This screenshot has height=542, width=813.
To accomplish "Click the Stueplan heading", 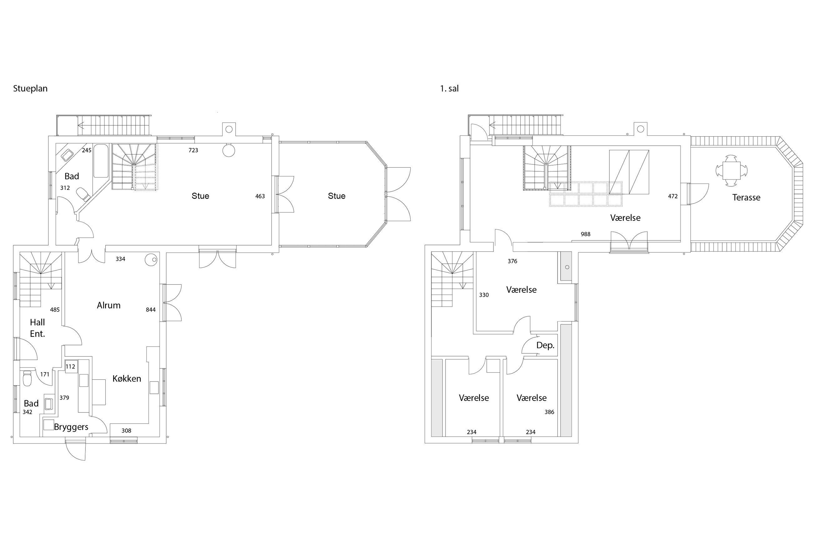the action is pyautogui.click(x=30, y=89).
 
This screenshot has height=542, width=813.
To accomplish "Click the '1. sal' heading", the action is pyautogui.click(x=449, y=89).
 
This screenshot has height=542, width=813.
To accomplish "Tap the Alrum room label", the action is pyautogui.click(x=109, y=305).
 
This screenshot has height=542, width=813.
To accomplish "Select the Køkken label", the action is pyautogui.click(x=127, y=378).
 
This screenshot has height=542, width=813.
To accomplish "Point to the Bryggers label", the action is pyautogui.click(x=71, y=427).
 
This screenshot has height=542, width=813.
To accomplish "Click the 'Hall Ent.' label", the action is pyautogui.click(x=37, y=328).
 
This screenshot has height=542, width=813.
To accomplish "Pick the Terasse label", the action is pyautogui.click(x=746, y=197).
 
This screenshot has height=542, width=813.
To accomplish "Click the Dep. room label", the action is pyautogui.click(x=545, y=345).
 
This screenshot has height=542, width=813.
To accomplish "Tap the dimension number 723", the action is pyautogui.click(x=193, y=150).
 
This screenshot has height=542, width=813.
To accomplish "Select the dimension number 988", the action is pyautogui.click(x=585, y=234).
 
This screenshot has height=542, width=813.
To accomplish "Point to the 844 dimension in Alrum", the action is pyautogui.click(x=151, y=310).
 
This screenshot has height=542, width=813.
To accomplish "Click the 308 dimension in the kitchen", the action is pyautogui.click(x=126, y=431).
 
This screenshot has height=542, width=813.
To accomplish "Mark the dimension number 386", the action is pyautogui.click(x=549, y=412).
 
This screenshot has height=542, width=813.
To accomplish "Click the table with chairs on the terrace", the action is pyautogui.click(x=731, y=170).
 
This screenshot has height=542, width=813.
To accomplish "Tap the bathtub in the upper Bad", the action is pyautogui.click(x=101, y=161).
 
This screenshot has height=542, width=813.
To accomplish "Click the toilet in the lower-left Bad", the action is pyautogui.click(x=27, y=378).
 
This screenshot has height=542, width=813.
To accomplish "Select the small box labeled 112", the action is pyautogui.click(x=70, y=367).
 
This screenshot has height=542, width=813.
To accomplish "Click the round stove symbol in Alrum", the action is pyautogui.click(x=151, y=260).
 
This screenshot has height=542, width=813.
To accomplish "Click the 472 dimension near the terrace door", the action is pyautogui.click(x=673, y=196).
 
